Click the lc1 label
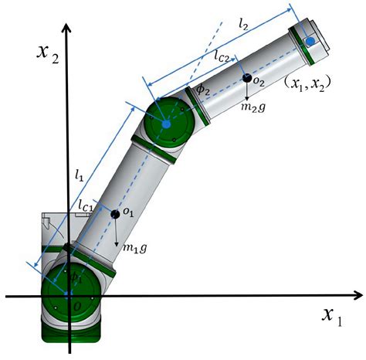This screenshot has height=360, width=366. point(86,205)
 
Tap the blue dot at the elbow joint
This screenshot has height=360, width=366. point(166,123)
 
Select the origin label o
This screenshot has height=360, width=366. point(75,307)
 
